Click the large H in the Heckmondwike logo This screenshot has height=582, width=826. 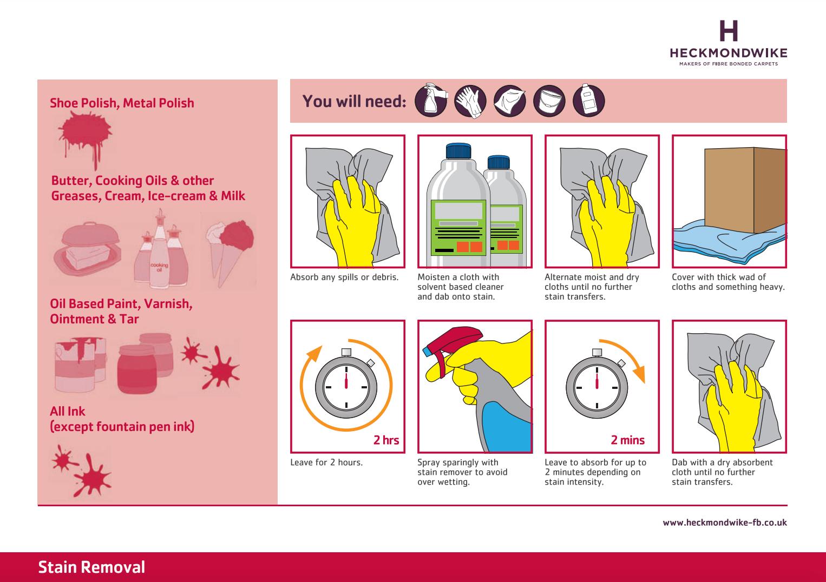click(729, 31)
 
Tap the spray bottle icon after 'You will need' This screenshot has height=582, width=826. click(431, 100)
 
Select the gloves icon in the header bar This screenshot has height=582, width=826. click(470, 101)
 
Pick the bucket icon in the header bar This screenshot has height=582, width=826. click(549, 101)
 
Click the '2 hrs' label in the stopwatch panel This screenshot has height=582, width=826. click(386, 440)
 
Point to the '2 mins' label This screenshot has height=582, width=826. click(627, 440)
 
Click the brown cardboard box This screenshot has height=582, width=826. click(745, 190)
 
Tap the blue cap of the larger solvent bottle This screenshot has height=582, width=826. click(458, 151)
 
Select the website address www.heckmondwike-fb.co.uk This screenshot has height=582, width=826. click(725, 523)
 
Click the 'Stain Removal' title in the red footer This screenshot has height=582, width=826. click(91, 567)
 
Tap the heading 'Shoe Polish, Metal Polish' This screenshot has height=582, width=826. click(122, 103)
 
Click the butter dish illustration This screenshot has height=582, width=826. click(88, 249)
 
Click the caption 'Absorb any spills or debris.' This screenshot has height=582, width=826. click(344, 277)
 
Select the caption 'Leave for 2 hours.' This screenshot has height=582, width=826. click(326, 462)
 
